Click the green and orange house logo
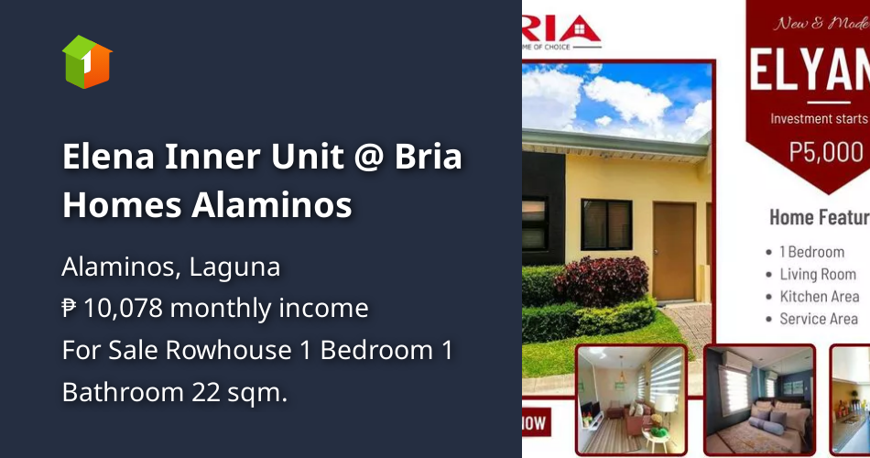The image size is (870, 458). click(86, 62)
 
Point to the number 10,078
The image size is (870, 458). click(122, 309)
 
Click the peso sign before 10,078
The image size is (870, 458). click(70, 309)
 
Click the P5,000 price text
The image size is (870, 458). click(827, 151)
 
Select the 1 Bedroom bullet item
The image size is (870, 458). click(811, 252)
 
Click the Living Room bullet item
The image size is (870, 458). click(817, 274)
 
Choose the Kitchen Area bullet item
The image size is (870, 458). click(819, 296)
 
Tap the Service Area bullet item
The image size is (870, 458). click(818, 319)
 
